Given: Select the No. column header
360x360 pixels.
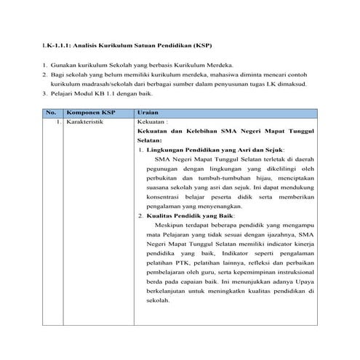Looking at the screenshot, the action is click(x=51, y=113).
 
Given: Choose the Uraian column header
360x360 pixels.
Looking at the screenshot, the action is click(x=148, y=113).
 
